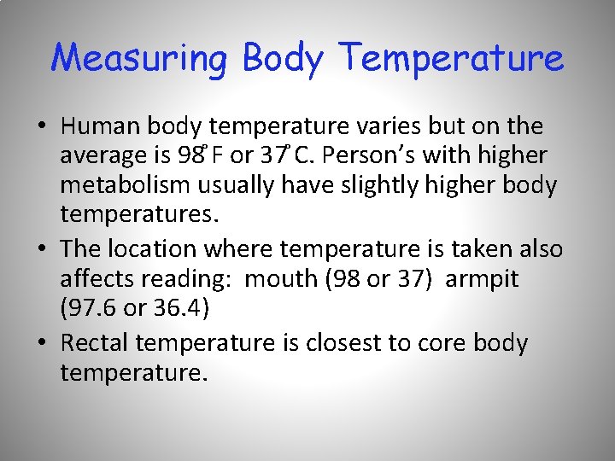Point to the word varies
[379, 127]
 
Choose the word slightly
[384, 185]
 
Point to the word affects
[96, 278]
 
